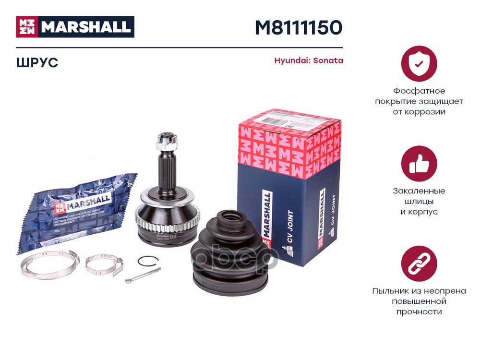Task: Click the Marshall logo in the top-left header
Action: click(x=75, y=27)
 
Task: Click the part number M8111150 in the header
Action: click(x=298, y=28)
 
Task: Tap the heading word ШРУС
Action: click(x=37, y=62)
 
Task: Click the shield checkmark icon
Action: click(x=419, y=63)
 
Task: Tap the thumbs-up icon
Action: click(x=419, y=163)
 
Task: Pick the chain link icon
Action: click(x=419, y=264)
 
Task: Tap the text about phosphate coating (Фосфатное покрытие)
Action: click(x=419, y=101)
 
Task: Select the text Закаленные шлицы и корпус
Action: click(x=419, y=201)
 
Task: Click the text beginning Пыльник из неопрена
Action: click(x=419, y=301)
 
